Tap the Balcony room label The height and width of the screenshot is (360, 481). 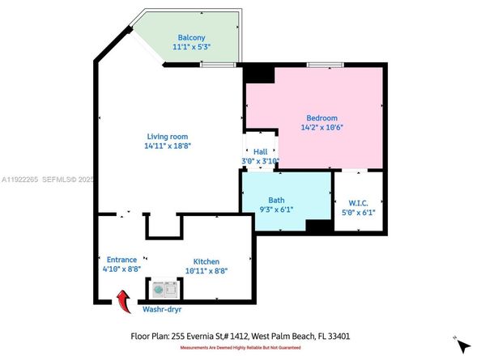coord(191,37)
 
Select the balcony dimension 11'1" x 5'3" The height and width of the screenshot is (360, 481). coord(191,48)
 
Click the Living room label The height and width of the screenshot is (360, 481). coord(167,136)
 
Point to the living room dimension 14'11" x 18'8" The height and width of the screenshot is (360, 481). coord(167,146)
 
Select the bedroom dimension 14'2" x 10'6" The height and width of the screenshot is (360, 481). coord(321,128)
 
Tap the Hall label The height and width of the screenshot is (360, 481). coord(260,151)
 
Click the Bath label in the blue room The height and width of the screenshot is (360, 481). coord(277,200)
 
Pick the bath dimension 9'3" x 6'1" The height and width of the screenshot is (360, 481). coord(277,210)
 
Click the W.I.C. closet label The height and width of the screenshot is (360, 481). coord(359,202)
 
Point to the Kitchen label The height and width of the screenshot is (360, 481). coord(206,261)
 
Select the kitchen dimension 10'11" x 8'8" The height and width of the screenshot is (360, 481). coord(206,272)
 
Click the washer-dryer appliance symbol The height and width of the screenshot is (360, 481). coord(164,288)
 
